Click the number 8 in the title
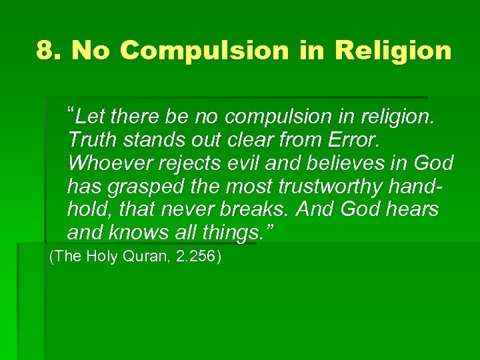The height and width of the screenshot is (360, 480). pos(45,50)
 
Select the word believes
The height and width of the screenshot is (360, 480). pos(348,163)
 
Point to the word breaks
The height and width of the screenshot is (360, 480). pos(257,209)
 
